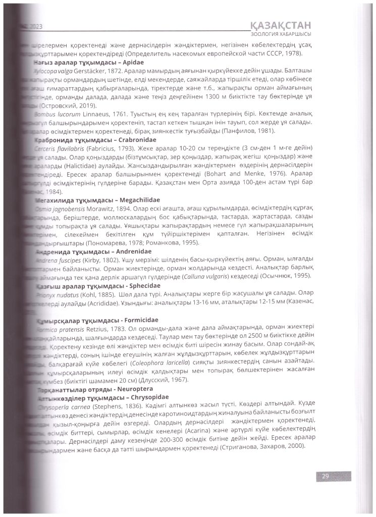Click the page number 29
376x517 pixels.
click(326, 475)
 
